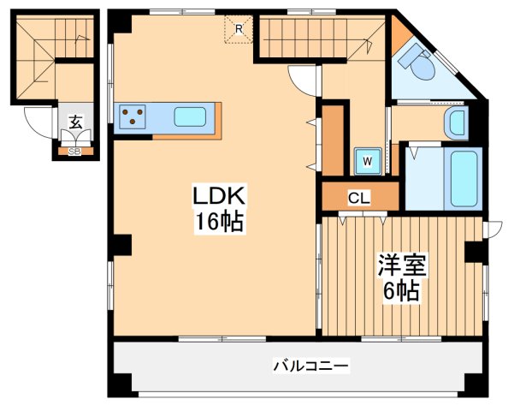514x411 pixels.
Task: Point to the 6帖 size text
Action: (x=399, y=291)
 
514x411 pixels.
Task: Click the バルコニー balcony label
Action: (x=310, y=366)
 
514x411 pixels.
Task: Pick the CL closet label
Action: (x=359, y=199)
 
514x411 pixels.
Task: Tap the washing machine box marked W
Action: (x=367, y=159)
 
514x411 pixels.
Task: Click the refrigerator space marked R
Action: (x=240, y=29)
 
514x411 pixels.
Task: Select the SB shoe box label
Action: (x=74, y=152)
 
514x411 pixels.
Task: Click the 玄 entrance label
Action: (x=74, y=122)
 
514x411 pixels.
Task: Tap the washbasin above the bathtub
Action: (x=456, y=122)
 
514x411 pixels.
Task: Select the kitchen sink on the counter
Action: (x=190, y=116)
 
